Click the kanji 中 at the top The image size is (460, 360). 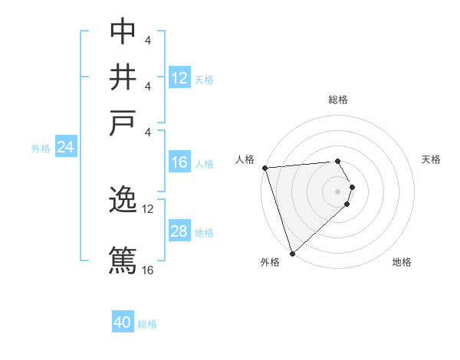click(x=123, y=31)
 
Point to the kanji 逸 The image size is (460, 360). click(x=123, y=201)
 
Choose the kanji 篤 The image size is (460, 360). click(x=123, y=259)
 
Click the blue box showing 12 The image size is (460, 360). click(x=179, y=77)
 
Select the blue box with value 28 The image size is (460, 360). click(x=179, y=231)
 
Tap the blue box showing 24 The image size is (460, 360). click(x=65, y=148)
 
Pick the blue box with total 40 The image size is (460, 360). click(x=123, y=322)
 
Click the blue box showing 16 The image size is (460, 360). click(x=179, y=162)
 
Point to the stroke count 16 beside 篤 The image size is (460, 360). click(x=148, y=270)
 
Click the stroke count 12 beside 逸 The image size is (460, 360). click(x=148, y=208)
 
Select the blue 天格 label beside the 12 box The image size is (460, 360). click(x=204, y=79)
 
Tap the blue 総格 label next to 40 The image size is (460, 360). click(x=147, y=324)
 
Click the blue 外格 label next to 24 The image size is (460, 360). click(x=41, y=149)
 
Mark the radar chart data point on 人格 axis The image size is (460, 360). click(x=264, y=168)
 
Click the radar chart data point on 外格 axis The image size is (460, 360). click(x=292, y=253)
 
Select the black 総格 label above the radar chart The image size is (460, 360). click(x=337, y=100)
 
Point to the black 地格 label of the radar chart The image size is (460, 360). click(x=402, y=263)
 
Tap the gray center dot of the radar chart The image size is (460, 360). click(x=337, y=191)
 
